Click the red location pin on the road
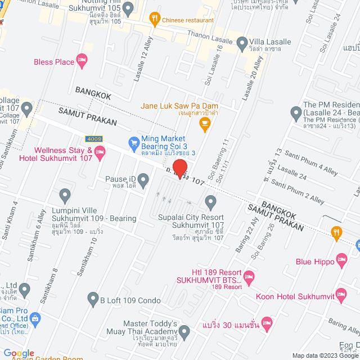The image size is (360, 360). (179, 168)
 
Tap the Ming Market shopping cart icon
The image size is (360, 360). (134, 143)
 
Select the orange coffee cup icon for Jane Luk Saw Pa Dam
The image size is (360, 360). (205, 126)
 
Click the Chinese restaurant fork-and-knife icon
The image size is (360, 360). (154, 20)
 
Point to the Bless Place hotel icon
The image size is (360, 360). (82, 61)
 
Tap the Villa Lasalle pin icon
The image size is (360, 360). (242, 42)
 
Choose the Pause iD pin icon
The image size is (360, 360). (143, 180)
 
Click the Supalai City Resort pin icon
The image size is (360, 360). (211, 201)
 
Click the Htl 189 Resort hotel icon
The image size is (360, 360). (250, 276)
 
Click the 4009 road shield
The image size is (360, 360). (94, 138)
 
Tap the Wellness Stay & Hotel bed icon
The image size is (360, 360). (100, 151)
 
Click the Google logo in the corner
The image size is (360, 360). (19, 353)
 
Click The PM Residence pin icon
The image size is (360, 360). (296, 114)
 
